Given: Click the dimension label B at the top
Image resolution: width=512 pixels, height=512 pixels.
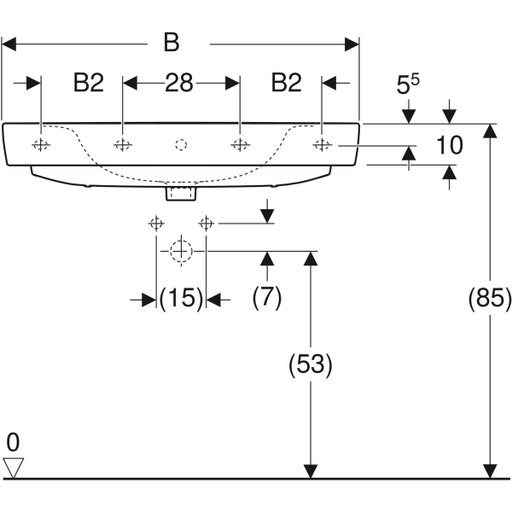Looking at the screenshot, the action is pos(172,43).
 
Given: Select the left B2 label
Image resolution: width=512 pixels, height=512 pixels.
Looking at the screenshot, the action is pos(89,83).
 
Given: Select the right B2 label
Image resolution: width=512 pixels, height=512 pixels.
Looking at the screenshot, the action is pos(287,83).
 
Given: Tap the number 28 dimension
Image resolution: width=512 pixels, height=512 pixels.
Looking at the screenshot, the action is pos(179,83).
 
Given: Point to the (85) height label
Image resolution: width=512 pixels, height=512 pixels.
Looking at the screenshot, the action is pos(490,298).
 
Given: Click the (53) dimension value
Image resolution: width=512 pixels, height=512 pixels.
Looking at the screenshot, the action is pos(311,364).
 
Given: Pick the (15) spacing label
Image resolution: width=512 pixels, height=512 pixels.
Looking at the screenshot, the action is pos(181,298).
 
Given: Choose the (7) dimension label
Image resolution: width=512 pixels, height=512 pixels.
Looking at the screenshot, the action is pos(267,298).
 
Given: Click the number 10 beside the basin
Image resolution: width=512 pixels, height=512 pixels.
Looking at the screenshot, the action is pos(450,145).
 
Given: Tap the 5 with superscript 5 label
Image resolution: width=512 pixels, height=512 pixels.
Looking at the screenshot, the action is pos(408,84).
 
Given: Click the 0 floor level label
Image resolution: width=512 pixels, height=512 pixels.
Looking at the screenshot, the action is pos(13,442).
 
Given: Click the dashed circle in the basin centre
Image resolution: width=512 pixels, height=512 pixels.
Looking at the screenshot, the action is pos(181,145).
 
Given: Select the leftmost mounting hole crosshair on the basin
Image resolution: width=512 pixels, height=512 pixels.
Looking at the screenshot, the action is pos(41,144).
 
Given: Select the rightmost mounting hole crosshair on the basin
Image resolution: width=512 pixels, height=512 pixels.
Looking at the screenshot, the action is pos(323,144).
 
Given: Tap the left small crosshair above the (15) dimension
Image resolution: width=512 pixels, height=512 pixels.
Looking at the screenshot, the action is pos(156,224).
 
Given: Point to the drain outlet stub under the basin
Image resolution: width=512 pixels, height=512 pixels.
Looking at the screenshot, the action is pos(181,193).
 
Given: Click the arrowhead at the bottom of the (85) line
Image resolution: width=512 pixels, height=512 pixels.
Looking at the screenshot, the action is pos(490,472).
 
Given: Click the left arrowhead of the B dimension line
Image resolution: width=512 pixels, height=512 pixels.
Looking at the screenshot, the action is pos(9,44).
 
